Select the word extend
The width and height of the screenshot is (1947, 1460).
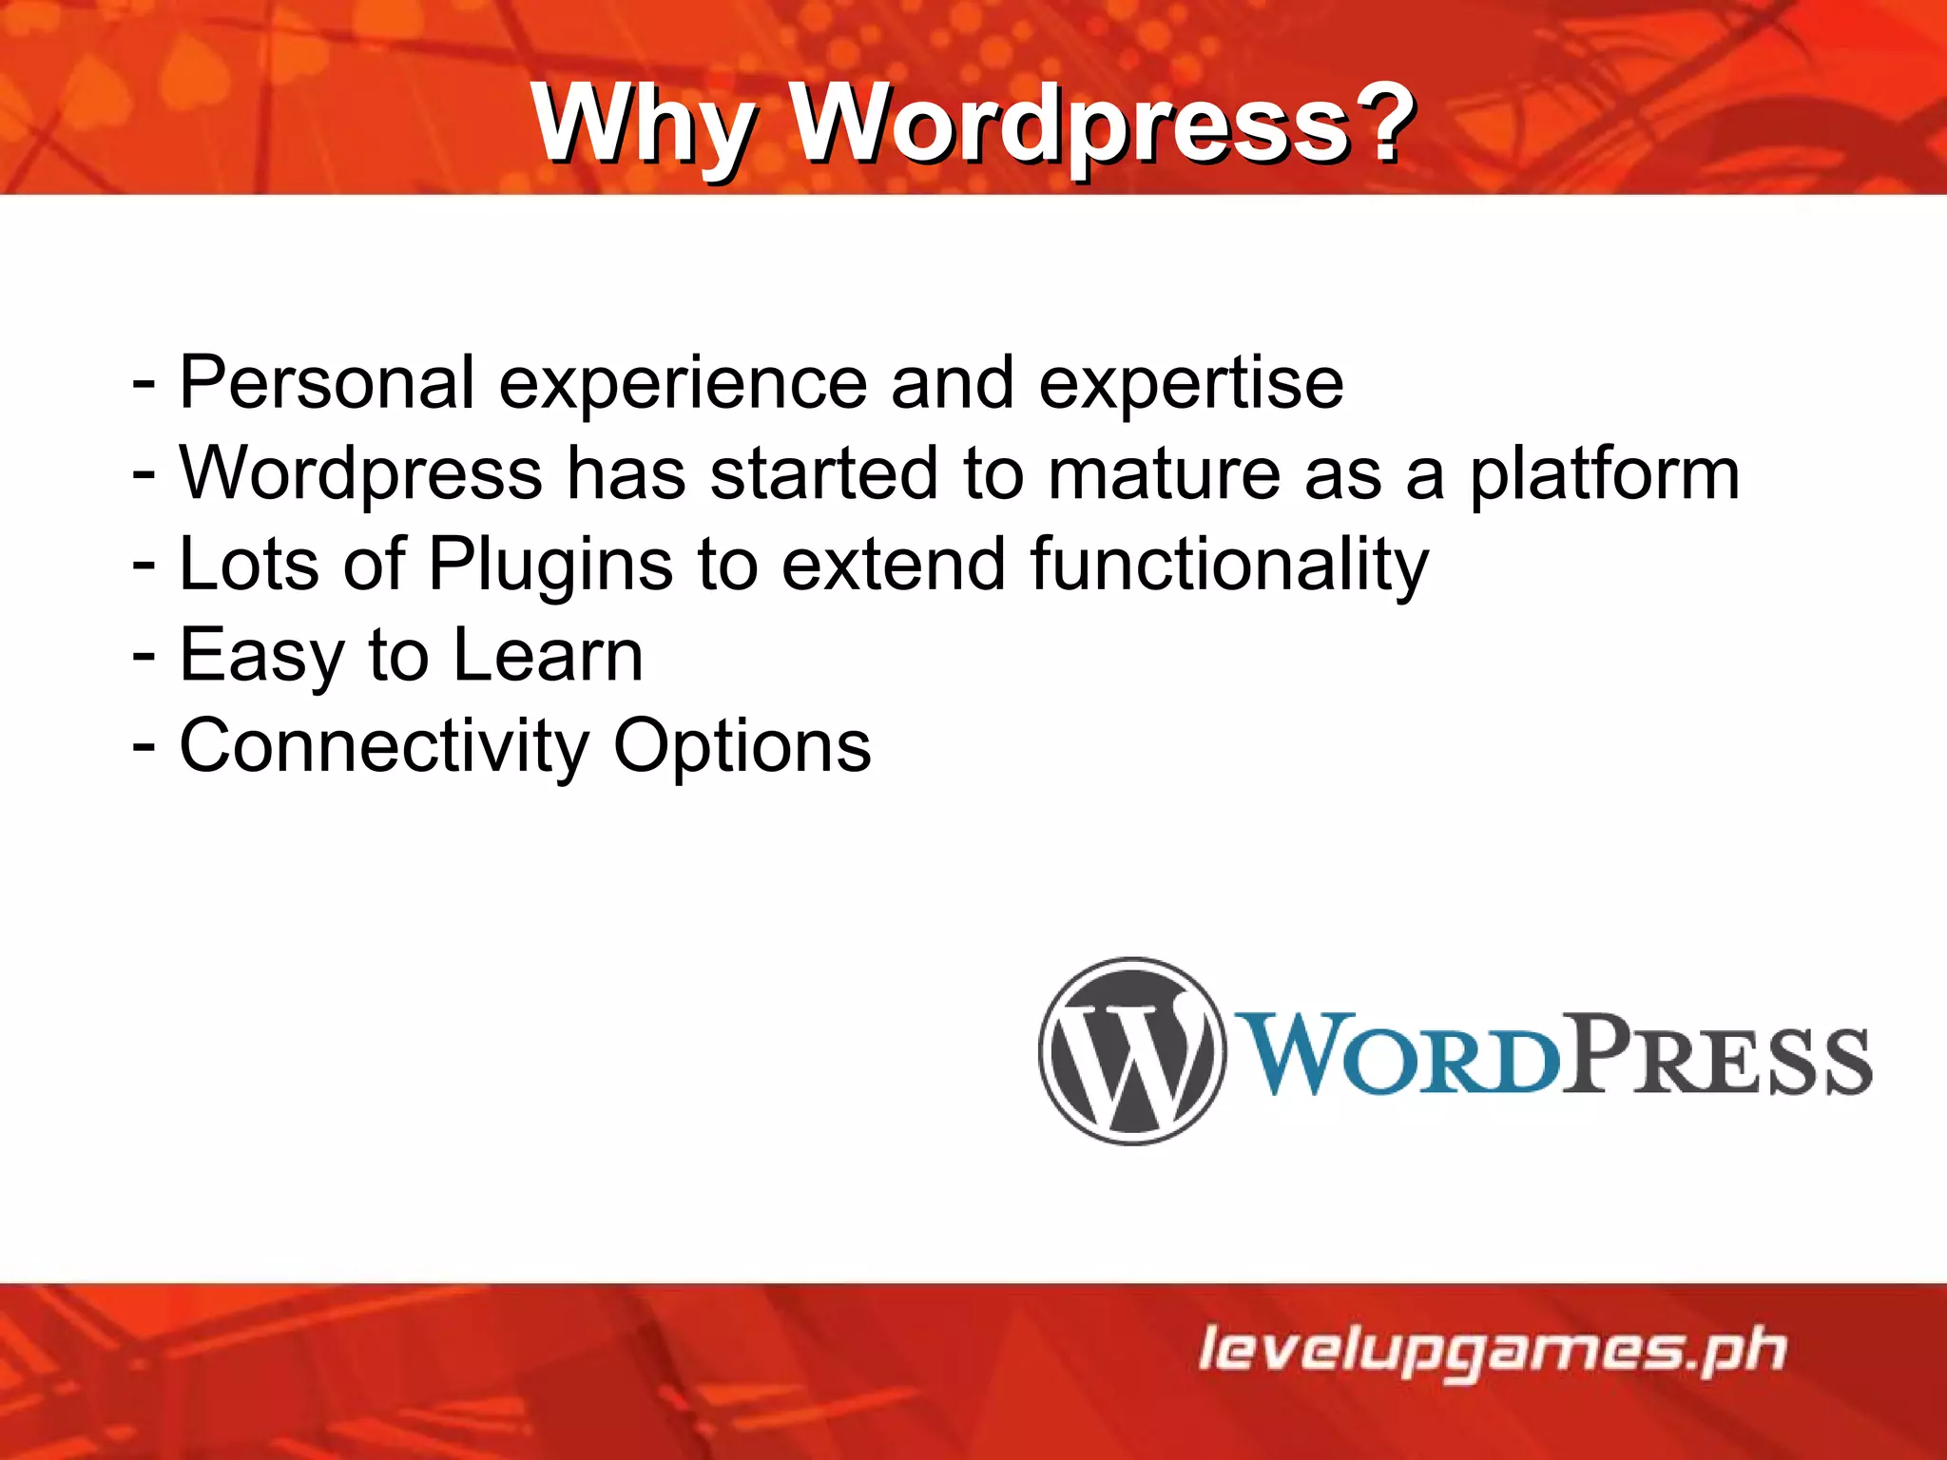(x=894, y=564)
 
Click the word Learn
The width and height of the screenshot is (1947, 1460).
(x=549, y=655)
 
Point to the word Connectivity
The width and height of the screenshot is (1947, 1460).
(x=384, y=747)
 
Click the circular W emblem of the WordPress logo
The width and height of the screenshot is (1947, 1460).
(x=1131, y=1050)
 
